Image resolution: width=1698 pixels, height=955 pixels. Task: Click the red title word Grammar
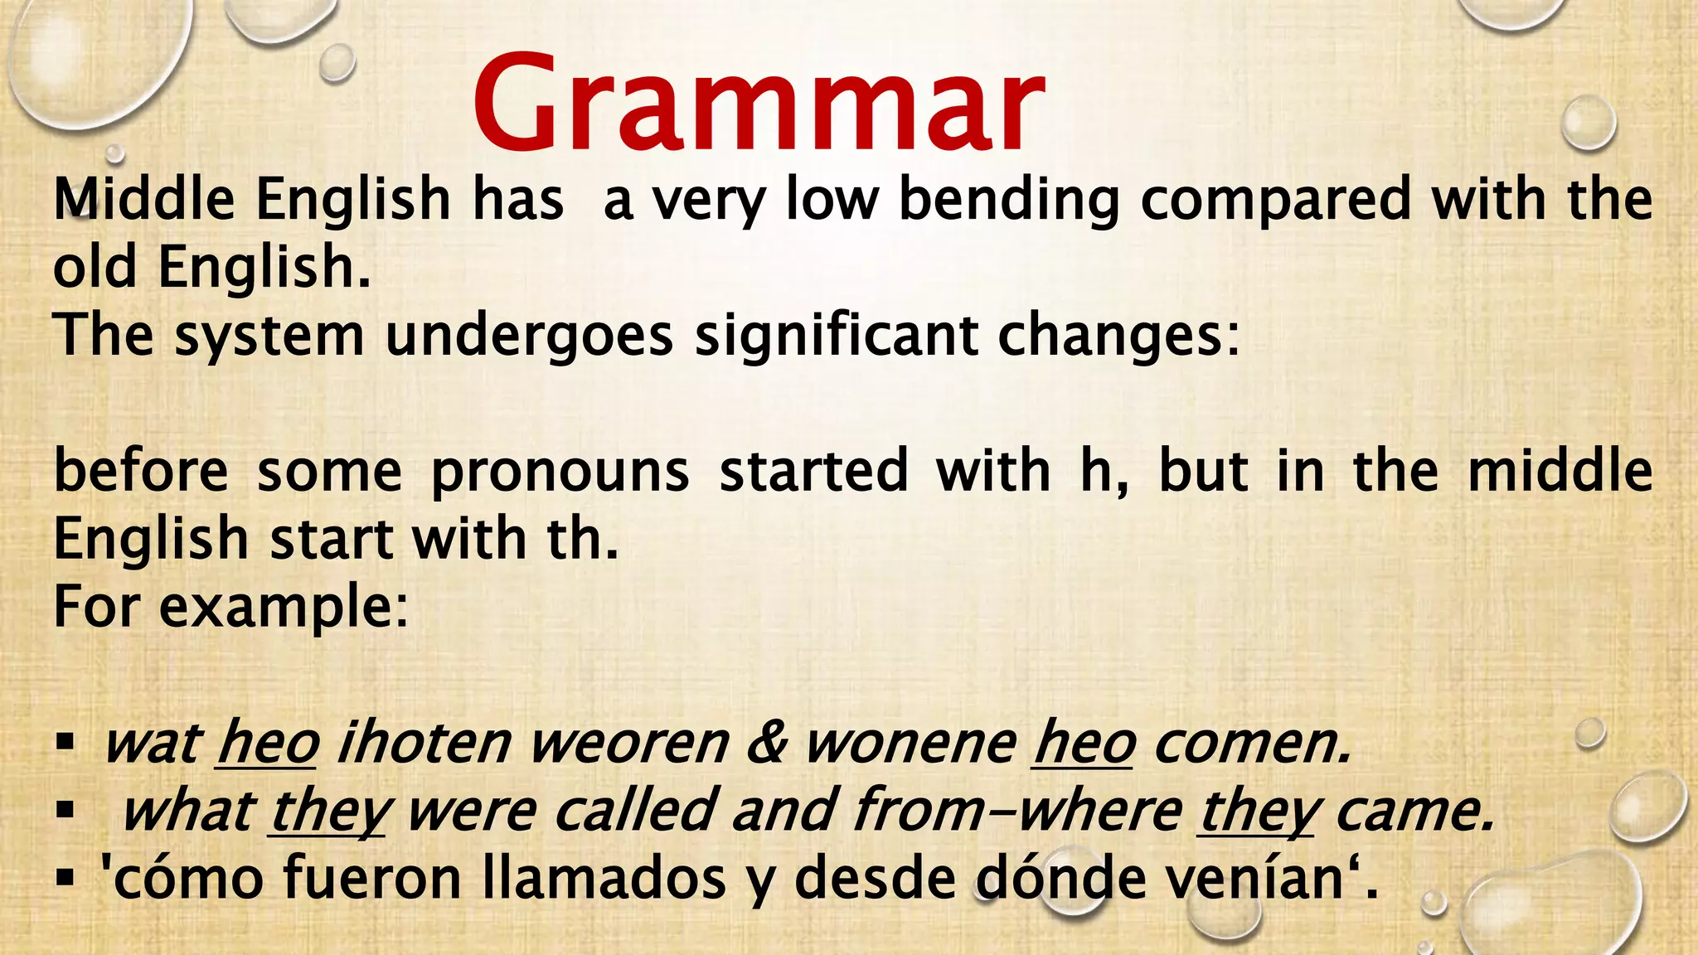coord(758,103)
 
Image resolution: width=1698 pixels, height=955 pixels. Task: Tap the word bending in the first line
coord(1009,201)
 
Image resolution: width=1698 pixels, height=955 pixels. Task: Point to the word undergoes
coord(529,337)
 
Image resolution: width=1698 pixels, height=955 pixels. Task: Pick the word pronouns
coord(560,472)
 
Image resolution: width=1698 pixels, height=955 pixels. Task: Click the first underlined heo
coord(267,742)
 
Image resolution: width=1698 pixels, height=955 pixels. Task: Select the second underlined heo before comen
coord(1083,742)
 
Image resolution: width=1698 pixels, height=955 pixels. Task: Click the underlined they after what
coord(327,811)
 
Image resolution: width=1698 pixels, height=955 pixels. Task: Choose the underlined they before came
coord(1256,811)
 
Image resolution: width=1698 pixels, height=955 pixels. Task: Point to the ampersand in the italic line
coord(767,742)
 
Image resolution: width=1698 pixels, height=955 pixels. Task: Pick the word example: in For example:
coord(284,608)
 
